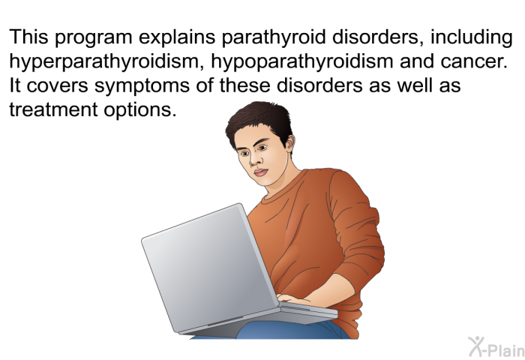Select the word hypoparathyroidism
(x=302, y=62)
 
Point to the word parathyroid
(x=273, y=37)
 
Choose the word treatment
(x=53, y=109)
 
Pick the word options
(x=139, y=110)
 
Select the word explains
(x=177, y=37)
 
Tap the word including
(x=472, y=37)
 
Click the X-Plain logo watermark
(x=496, y=347)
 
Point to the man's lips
(x=261, y=172)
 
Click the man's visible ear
(x=289, y=142)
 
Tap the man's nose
(x=253, y=160)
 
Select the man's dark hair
(x=258, y=122)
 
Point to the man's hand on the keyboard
(x=292, y=299)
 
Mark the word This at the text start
(x=29, y=37)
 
